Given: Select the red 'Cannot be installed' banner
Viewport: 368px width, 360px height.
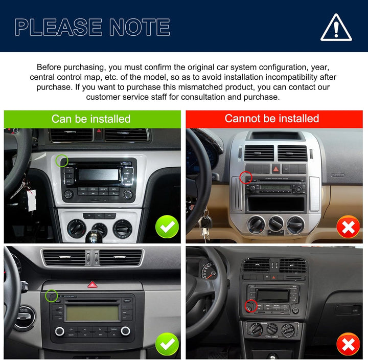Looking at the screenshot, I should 272,119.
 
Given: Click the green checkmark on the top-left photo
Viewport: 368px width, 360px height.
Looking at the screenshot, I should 167,227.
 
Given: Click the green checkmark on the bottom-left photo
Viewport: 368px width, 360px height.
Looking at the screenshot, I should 167,344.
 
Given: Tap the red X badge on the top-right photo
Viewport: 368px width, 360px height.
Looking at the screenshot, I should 348,227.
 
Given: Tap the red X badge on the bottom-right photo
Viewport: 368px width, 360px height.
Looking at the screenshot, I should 348,344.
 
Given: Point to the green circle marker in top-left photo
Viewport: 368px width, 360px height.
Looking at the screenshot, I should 62,161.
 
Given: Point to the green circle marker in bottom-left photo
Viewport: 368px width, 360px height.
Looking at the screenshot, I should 51,296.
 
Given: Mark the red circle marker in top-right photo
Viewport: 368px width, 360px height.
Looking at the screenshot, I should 246,177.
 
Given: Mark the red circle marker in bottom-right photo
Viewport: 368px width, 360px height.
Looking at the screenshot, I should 250,306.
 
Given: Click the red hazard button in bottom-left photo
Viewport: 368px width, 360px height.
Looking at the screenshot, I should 93,284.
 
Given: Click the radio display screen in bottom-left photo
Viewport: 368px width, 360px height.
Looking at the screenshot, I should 93,312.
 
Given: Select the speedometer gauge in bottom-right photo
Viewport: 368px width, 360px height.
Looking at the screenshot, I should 208,271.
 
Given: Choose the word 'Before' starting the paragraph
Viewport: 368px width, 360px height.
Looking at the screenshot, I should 50,67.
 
